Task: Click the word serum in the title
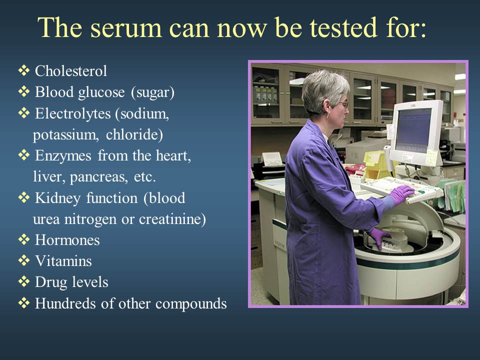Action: pyautogui.click(x=126, y=28)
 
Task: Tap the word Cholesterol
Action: pyautogui.click(x=71, y=71)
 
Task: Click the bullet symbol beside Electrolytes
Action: pyautogui.click(x=24, y=112)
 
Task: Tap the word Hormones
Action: pyautogui.click(x=67, y=240)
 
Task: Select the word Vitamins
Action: pyautogui.click(x=63, y=261)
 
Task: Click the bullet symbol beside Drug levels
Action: pyautogui.click(x=24, y=281)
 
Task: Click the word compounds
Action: pyautogui.click(x=191, y=304)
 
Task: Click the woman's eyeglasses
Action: pyautogui.click(x=344, y=105)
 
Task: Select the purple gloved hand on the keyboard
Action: pyautogui.click(x=400, y=194)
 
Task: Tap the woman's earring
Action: pyautogui.click(x=328, y=116)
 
